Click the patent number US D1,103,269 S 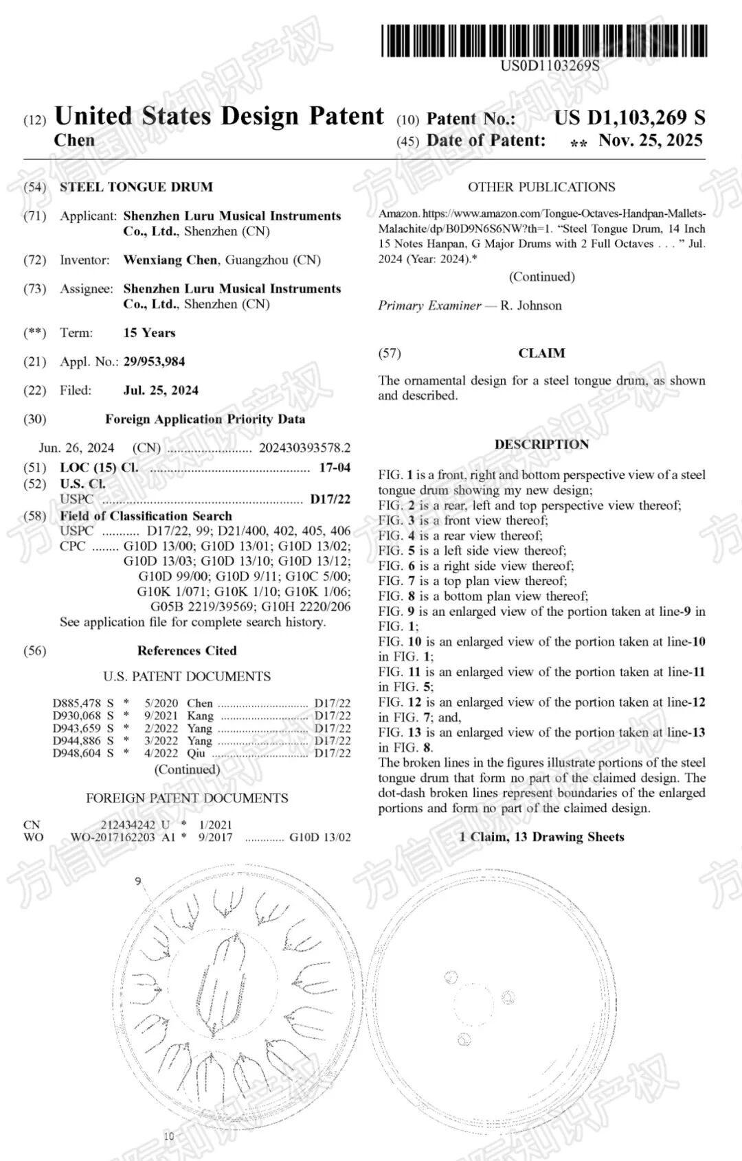coord(629,117)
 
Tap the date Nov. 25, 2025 coord(650,141)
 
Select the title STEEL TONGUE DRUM coord(136,187)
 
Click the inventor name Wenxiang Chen coord(171,260)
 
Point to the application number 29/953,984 coord(154,361)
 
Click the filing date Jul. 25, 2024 coord(161,390)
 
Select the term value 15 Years coord(149,332)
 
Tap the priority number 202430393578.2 coord(304,448)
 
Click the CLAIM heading coord(541,353)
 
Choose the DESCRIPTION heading coord(541,444)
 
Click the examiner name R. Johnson coord(530,306)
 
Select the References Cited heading coord(187,650)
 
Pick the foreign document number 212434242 coord(128,825)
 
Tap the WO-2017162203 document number coord(113,837)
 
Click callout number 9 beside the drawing coord(138,881)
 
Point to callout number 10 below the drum coord(169,1136)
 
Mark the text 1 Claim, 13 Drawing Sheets coord(541,836)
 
